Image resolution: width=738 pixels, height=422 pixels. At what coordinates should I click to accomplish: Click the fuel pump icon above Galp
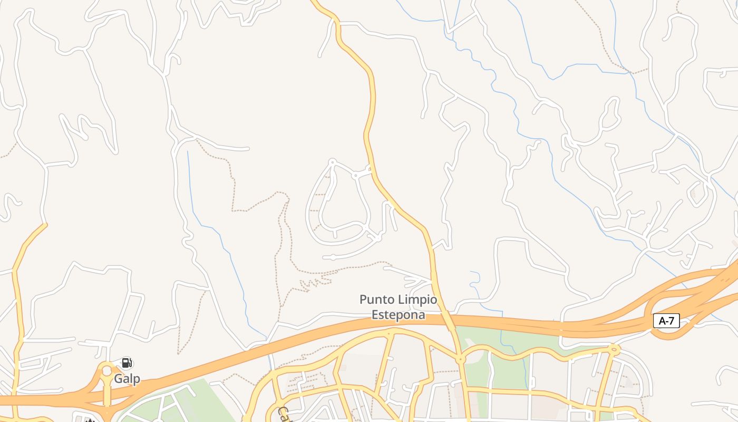[126, 363]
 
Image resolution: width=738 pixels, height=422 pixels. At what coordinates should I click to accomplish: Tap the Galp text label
[127, 379]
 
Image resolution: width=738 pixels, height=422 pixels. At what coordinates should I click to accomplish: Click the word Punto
[376, 300]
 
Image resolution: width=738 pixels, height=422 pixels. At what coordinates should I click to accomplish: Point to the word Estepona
[399, 314]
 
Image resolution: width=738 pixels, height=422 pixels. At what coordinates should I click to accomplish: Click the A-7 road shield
[666, 321]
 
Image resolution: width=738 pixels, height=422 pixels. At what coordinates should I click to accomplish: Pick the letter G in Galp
[119, 379]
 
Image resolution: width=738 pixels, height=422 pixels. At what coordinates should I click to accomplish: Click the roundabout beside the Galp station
[107, 371]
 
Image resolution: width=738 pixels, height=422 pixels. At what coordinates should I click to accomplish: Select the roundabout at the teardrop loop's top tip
[332, 162]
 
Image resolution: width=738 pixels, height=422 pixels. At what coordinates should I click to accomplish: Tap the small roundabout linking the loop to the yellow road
[355, 175]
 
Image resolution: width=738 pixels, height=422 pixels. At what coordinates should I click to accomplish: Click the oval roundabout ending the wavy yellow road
[614, 349]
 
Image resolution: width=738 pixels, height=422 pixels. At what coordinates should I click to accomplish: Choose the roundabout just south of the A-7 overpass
[461, 359]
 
